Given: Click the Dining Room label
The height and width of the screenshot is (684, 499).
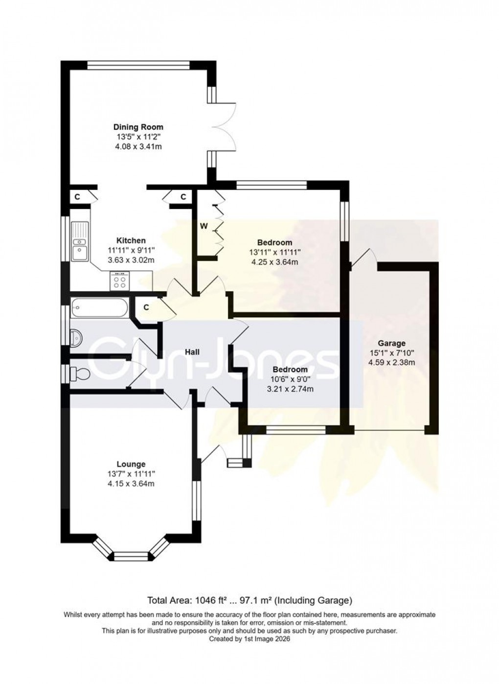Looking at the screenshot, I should tap(138, 127).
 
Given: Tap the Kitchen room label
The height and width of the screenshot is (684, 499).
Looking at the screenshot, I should tap(131, 240).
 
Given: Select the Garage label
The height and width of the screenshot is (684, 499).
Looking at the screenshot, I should tap(391, 343).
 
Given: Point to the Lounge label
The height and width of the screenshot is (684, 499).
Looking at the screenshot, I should tap(131, 464).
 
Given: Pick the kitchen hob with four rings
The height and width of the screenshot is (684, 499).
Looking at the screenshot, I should tap(119, 282).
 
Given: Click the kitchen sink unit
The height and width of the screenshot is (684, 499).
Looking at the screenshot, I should tap(79, 242).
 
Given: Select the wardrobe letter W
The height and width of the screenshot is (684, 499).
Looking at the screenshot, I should tap(204, 226).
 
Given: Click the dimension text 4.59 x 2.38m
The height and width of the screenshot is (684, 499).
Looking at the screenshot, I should tap(391, 363).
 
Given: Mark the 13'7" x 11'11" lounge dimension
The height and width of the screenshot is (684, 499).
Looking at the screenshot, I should tap(131, 474).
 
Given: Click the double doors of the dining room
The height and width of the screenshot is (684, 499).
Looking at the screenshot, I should tap(225, 127).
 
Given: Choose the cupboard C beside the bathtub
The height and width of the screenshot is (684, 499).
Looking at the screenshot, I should tap(146, 307).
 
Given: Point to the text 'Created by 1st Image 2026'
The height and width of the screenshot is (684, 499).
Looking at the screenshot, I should tap(249, 639).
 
